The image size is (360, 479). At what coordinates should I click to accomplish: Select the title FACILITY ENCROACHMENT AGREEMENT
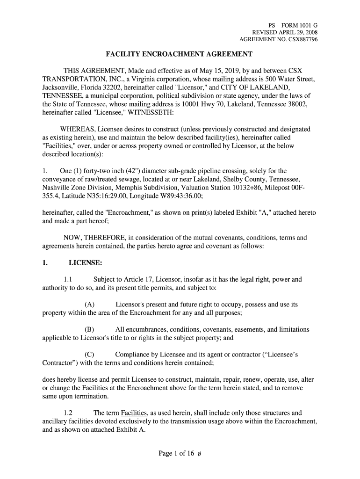click(180, 54)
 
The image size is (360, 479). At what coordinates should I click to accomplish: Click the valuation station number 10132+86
click(243, 188)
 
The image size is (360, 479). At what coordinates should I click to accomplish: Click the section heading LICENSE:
click(86, 263)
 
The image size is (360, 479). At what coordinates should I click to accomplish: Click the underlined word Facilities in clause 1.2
click(134, 413)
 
